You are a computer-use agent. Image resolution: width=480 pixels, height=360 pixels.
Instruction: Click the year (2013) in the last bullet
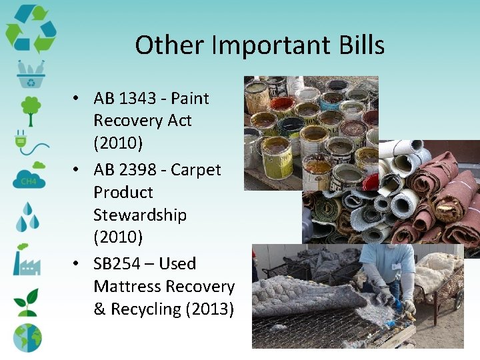(x=207, y=309)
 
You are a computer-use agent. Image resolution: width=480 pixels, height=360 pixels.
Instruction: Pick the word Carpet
(x=195, y=170)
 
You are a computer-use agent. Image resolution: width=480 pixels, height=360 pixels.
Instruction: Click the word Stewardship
(x=140, y=215)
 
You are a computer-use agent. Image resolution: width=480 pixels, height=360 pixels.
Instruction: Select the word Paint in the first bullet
(x=190, y=99)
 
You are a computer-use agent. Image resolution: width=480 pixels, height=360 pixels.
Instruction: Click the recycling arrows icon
(x=31, y=28)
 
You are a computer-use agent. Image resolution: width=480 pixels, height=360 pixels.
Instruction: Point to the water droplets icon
(x=28, y=217)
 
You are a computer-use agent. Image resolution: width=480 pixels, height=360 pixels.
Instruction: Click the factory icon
(x=27, y=260)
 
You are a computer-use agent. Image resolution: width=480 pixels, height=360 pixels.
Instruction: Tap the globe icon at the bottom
(x=27, y=337)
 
